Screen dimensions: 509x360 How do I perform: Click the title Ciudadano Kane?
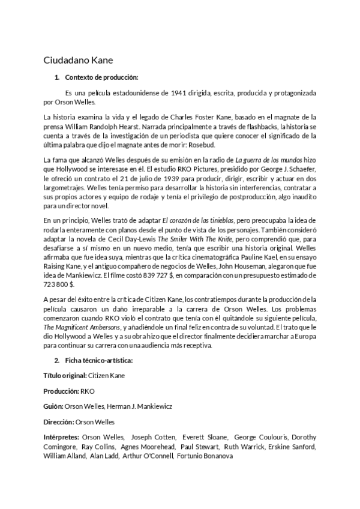pyautogui.click(x=78, y=60)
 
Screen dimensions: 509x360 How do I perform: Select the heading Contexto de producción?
pyautogui.click(x=101, y=77)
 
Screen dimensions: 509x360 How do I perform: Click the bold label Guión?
pyautogui.click(x=53, y=406)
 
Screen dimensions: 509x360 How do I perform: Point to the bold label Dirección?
pyautogui.click(x=58, y=422)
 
